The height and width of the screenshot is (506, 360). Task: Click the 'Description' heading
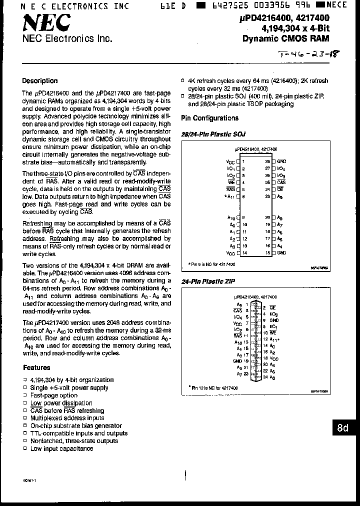point(40,81)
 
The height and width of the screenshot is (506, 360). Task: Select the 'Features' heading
point(36,367)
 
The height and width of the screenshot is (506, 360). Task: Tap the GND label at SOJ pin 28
point(281,161)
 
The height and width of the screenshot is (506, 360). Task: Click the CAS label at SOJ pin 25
point(281,182)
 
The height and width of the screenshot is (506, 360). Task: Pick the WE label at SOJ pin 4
point(230,182)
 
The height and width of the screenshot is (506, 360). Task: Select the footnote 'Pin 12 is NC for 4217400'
point(213,388)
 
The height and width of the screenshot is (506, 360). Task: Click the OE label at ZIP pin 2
point(273,308)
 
